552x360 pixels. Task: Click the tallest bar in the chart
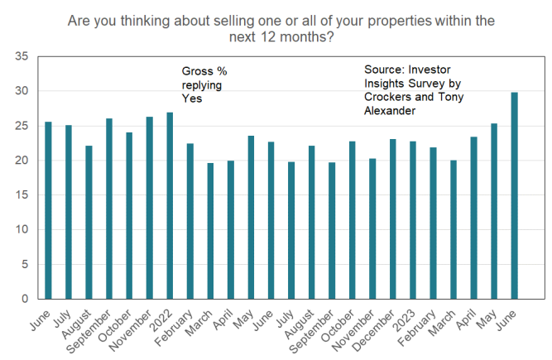[x=514, y=195]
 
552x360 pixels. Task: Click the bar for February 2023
[x=433, y=223]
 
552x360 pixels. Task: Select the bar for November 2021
[x=150, y=207]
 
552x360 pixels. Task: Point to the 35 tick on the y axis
[x=22, y=56]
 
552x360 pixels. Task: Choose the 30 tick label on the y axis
[x=22, y=91]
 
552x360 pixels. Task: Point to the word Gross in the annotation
[x=197, y=72]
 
